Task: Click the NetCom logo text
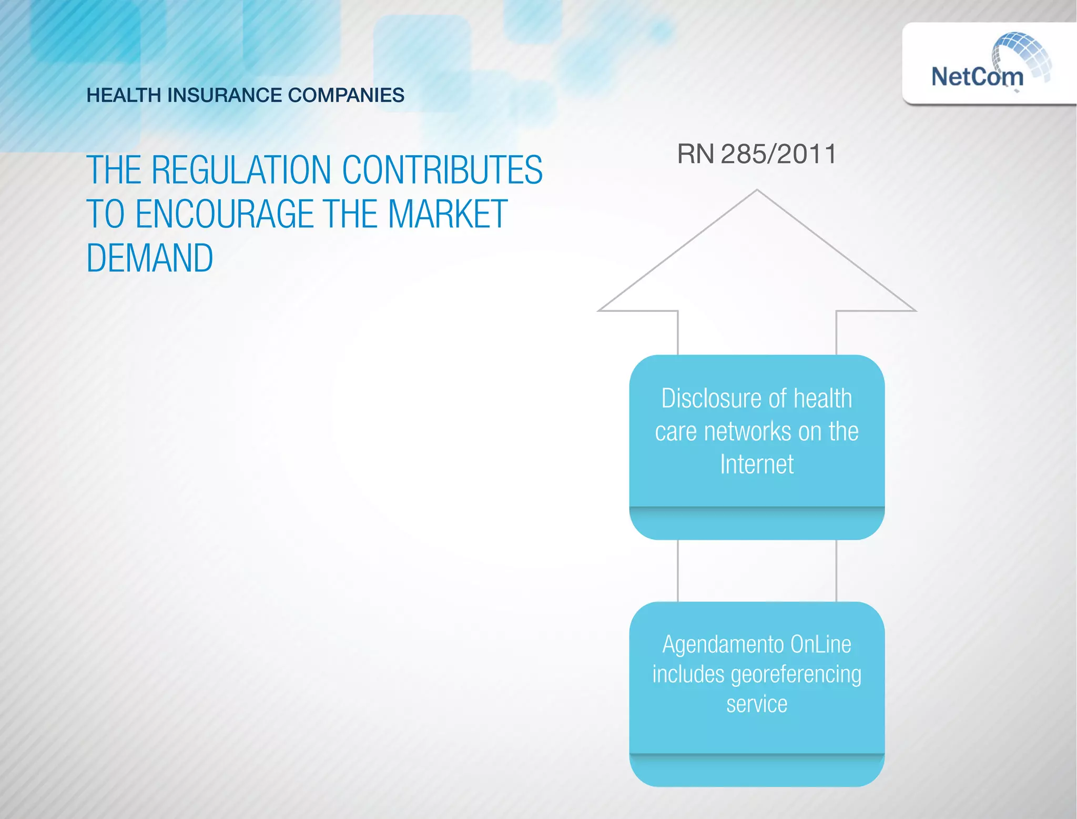(977, 77)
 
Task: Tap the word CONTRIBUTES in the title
(442, 170)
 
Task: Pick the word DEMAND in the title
(150, 258)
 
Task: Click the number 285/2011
(778, 154)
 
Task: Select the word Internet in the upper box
(757, 464)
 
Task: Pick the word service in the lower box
(757, 704)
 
